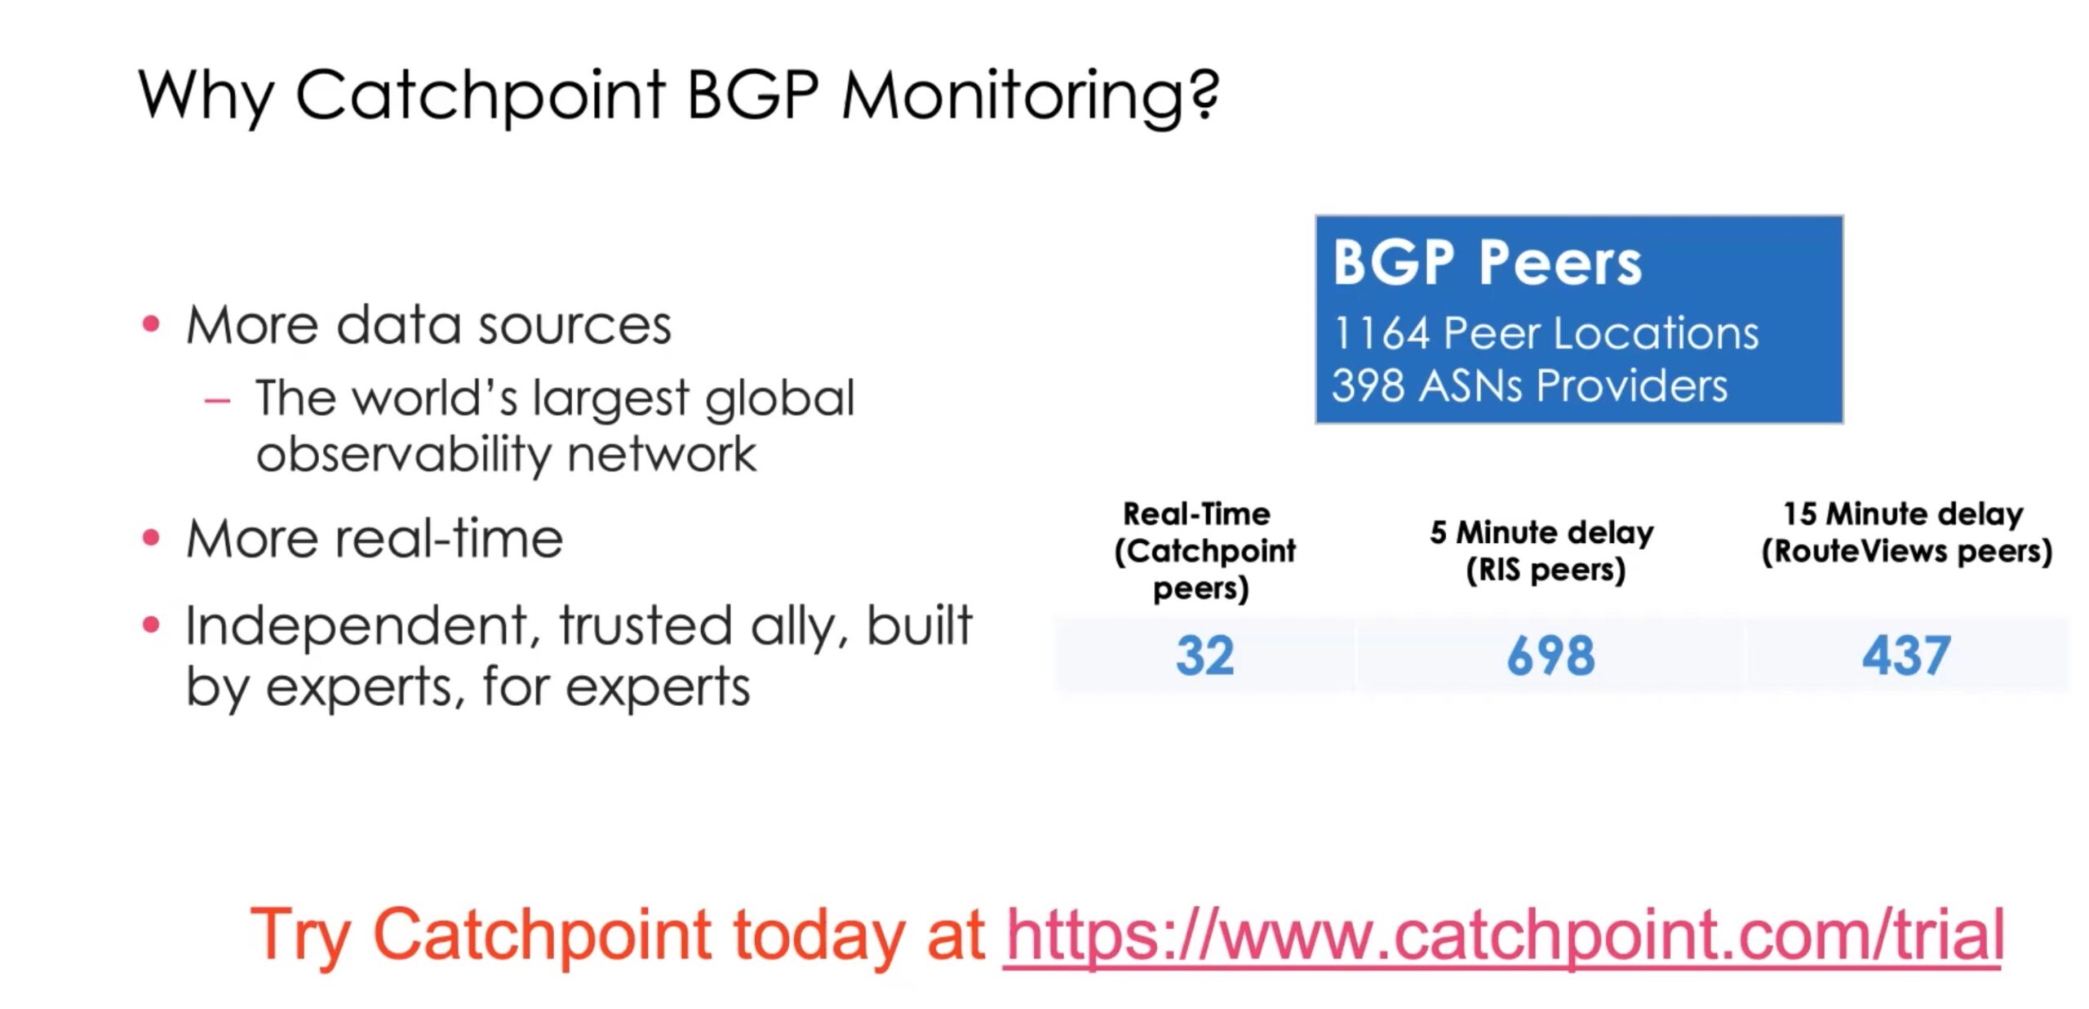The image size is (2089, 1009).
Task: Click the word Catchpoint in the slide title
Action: [481, 96]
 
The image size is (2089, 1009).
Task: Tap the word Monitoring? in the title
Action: [1031, 96]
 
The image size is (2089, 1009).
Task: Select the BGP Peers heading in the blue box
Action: [1487, 263]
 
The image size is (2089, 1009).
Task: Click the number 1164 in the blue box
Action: [1381, 333]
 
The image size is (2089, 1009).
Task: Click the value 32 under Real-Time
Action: [1204, 656]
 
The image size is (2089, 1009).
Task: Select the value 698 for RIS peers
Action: [1550, 656]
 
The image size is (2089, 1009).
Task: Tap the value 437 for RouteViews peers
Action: [1906, 656]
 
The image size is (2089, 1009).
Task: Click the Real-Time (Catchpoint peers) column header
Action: [1204, 551]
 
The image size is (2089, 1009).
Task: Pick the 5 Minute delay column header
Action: [1542, 551]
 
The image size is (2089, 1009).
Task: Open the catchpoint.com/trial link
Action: [1504, 936]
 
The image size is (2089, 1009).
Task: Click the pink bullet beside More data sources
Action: [151, 325]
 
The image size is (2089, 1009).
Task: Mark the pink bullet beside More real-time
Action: [151, 538]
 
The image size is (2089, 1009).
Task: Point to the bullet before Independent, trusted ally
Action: [151, 625]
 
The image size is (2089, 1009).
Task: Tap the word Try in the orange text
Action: [301, 936]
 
